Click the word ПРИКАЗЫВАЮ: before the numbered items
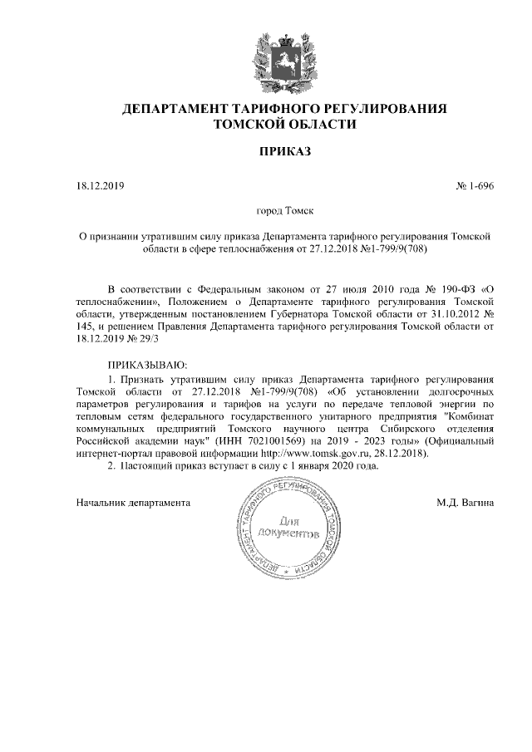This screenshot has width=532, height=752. click(x=148, y=365)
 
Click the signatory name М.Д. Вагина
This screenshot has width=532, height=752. click(x=465, y=503)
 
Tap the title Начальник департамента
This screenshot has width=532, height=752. click(x=132, y=503)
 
